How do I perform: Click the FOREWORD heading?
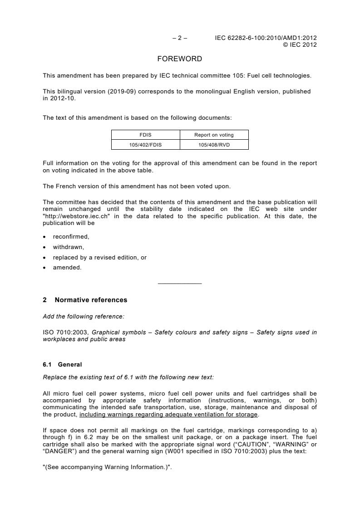180,59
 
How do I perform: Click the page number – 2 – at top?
180,38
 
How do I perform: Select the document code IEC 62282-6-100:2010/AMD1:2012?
266,38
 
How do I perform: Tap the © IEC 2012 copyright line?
300,44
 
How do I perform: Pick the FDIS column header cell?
146,135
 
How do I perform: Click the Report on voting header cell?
214,135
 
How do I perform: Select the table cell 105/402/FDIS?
146,145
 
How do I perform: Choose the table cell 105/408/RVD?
214,145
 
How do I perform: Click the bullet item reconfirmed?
71,237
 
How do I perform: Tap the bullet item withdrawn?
69,247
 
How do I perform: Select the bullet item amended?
67,268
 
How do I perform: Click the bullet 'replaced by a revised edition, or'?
99,257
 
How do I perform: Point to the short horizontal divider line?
180,284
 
